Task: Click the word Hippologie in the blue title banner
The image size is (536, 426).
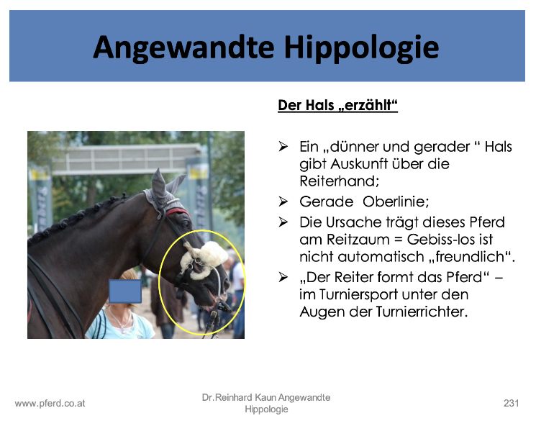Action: click(x=361, y=48)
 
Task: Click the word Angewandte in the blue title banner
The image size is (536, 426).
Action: click(x=183, y=48)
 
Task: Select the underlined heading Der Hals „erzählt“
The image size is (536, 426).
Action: click(x=337, y=105)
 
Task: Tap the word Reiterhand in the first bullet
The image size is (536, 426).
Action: click(x=340, y=181)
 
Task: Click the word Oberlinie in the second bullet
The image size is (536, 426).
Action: click(x=396, y=201)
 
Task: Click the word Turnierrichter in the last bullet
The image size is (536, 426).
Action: click(x=422, y=312)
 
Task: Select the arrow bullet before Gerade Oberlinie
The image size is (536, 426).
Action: click(x=283, y=201)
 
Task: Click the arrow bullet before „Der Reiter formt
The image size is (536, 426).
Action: click(x=283, y=276)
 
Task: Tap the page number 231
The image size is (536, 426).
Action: click(x=511, y=404)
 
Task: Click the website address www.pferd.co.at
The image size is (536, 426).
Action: click(x=50, y=404)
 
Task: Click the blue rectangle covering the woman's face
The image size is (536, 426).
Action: click(x=125, y=291)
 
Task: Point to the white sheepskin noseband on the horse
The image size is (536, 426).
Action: click(x=204, y=259)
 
